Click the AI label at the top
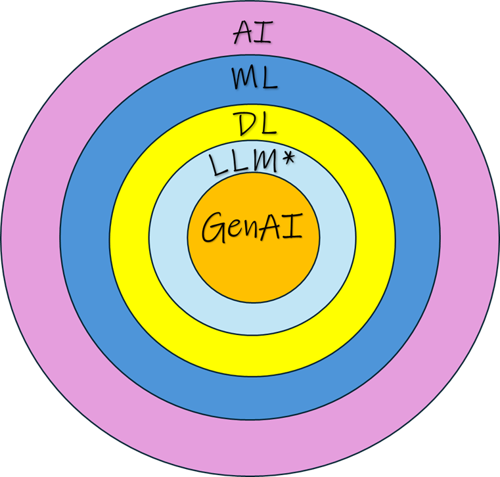click(x=253, y=32)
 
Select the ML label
click(x=254, y=78)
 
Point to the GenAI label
click(x=252, y=227)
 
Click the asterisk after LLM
click(x=288, y=158)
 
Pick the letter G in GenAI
click(x=214, y=227)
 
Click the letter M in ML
click(x=244, y=78)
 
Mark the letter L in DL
click(x=268, y=124)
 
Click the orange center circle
click(x=254, y=271)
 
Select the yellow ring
click(x=252, y=355)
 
